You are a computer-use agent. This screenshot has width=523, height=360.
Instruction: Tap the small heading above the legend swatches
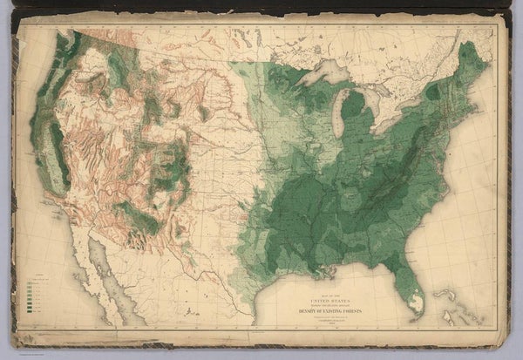coord(34,272)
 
